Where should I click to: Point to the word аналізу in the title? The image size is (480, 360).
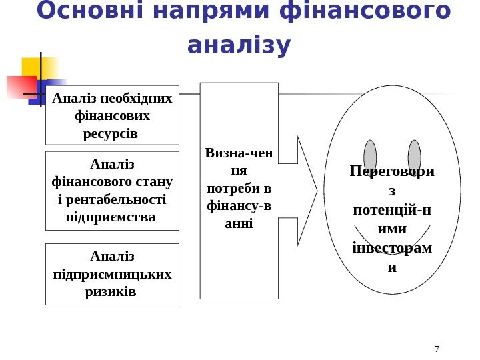point(239,46)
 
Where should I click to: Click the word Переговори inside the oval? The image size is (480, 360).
point(391,172)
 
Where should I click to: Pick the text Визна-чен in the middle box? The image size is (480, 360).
point(239,153)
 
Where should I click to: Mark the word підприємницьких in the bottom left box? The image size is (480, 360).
point(112,274)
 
